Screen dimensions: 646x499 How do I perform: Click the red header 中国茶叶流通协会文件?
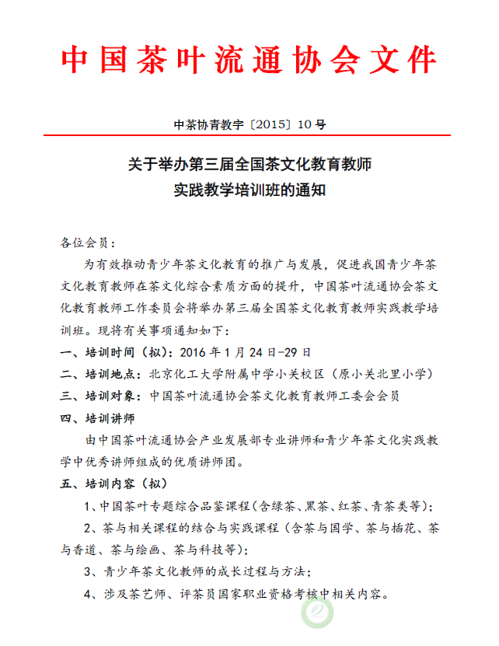pyautogui.click(x=249, y=58)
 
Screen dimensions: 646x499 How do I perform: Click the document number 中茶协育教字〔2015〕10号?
pyautogui.click(x=249, y=124)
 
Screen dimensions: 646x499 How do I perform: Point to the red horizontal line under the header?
pyautogui.click(x=249, y=136)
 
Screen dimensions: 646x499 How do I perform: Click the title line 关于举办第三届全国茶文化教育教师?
pyautogui.click(x=249, y=165)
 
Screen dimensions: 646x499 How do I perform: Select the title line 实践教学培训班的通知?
pyautogui.click(x=249, y=189)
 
